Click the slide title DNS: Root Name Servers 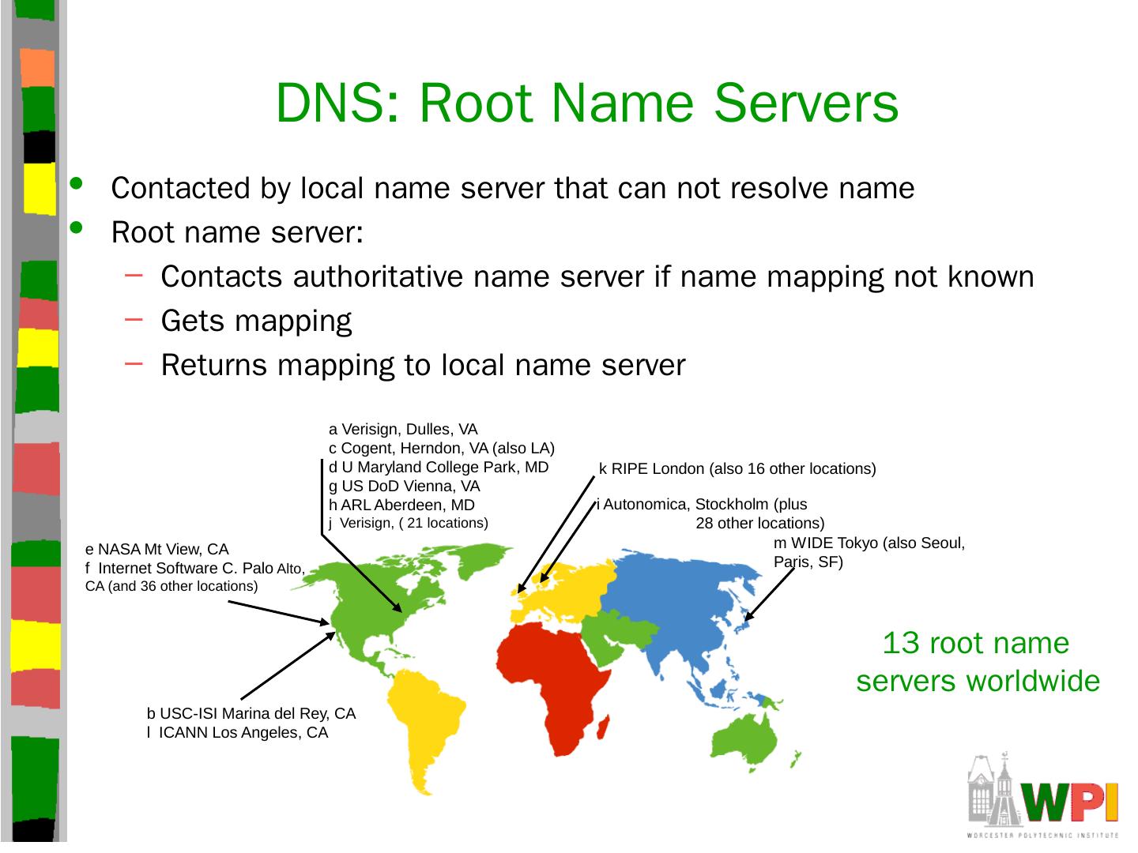pyautogui.click(x=587, y=103)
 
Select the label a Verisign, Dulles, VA pyautogui.click(x=403, y=430)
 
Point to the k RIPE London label pyautogui.click(x=737, y=468)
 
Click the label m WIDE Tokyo pyautogui.click(x=869, y=543)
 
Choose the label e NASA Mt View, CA pyautogui.click(x=156, y=549)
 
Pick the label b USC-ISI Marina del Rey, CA pyautogui.click(x=251, y=713)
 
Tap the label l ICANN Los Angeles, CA pyautogui.click(x=237, y=732)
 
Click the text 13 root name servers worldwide pyautogui.click(x=978, y=662)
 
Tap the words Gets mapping pyautogui.click(x=256, y=321)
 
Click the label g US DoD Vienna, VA pyautogui.click(x=404, y=486)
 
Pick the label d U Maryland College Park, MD pyautogui.click(x=439, y=467)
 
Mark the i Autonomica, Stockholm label pyautogui.click(x=702, y=504)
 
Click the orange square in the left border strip pyautogui.click(x=36, y=68)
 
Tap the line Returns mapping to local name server pyautogui.click(x=423, y=365)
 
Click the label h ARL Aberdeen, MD pyautogui.click(x=401, y=505)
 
